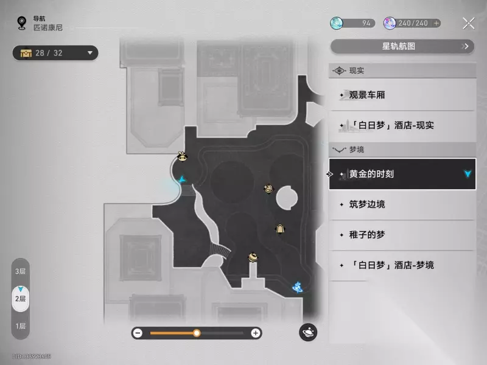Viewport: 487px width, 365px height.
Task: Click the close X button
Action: click(469, 24)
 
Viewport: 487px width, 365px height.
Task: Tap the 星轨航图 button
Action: click(402, 46)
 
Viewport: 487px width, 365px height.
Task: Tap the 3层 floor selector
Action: click(21, 271)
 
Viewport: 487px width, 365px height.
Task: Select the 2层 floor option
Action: click(21, 298)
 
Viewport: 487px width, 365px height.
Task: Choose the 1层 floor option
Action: click(21, 326)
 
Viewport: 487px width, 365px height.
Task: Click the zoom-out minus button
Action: click(138, 333)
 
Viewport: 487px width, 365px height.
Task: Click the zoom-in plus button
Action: click(256, 333)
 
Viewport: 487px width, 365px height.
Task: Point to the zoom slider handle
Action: click(197, 333)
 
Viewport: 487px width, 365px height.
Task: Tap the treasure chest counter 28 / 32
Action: click(55, 53)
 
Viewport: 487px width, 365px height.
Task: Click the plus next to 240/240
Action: click(436, 23)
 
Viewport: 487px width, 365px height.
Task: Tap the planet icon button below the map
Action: click(308, 332)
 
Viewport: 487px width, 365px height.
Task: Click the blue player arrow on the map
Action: click(183, 179)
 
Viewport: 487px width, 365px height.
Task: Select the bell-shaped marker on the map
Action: click(280, 229)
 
